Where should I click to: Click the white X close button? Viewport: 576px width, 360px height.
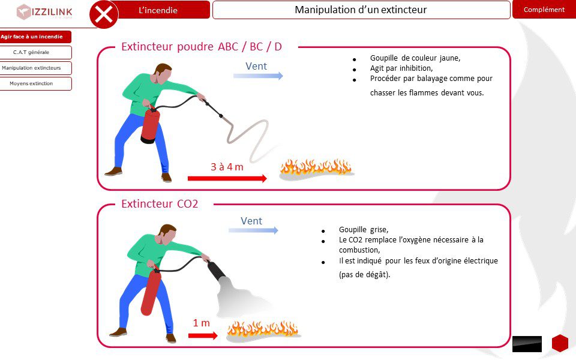pos(104,14)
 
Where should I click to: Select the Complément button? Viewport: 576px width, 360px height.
pos(544,10)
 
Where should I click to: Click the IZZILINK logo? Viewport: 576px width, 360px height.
pos(44,12)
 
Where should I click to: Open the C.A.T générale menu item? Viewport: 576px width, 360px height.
pos(32,52)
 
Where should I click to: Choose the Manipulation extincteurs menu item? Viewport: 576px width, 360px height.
pos(32,68)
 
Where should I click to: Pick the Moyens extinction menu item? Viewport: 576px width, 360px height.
pos(32,83)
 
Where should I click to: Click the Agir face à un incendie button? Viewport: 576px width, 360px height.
pos(33,37)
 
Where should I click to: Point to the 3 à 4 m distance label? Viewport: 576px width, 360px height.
pos(227,167)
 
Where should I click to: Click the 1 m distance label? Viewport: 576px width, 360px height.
pos(202,323)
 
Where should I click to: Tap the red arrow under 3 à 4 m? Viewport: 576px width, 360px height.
pos(227,179)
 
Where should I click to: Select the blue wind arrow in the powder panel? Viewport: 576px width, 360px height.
pos(258,76)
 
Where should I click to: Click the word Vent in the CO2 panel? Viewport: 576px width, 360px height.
pos(251,221)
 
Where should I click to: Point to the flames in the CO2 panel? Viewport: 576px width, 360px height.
pos(263,328)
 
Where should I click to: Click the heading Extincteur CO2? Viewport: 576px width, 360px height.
pos(160,204)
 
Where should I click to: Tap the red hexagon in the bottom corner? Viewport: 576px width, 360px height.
pos(560,343)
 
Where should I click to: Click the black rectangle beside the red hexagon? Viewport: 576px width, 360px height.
pos(527,344)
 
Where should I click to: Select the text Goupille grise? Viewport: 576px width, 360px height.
pos(364,230)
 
